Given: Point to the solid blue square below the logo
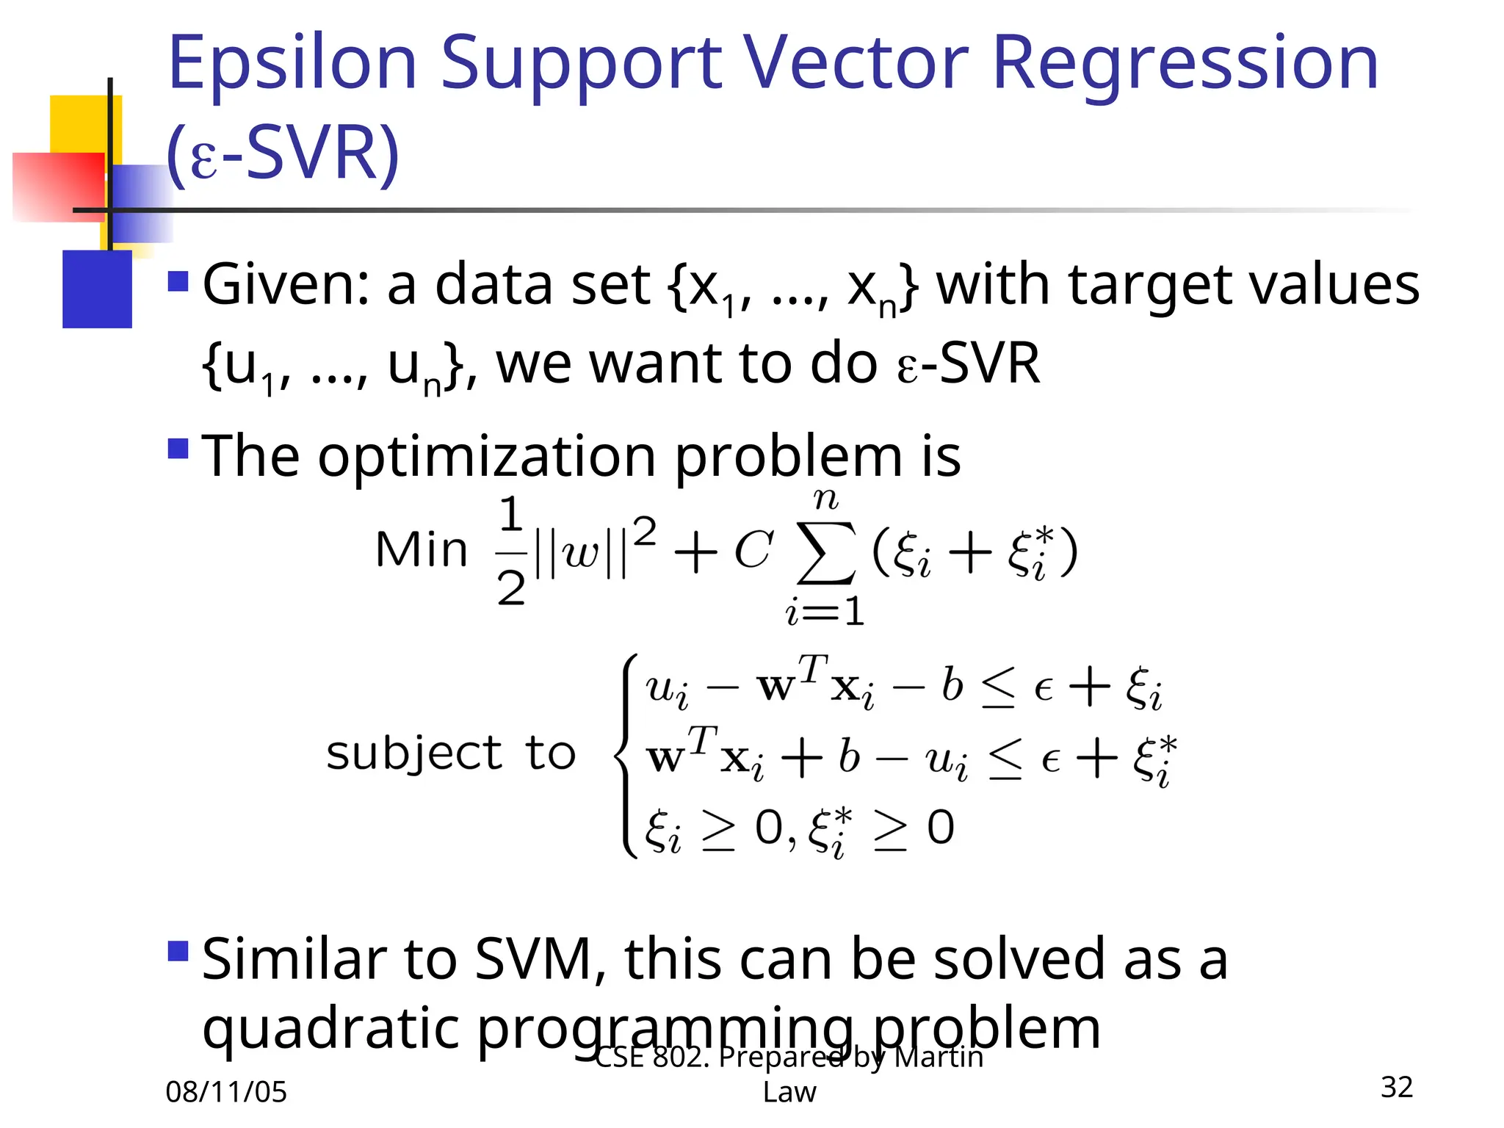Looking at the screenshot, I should [97, 289].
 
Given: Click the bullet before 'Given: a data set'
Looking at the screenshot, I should [178, 281].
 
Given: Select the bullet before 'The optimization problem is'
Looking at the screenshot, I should [178, 448].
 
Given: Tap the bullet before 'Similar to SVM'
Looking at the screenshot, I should [178, 951].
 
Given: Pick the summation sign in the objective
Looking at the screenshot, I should [826, 553].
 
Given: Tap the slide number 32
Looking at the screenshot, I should [1396, 1087].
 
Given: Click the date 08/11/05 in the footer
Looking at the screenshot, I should [226, 1092].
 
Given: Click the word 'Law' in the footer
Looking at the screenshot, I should [789, 1092].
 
